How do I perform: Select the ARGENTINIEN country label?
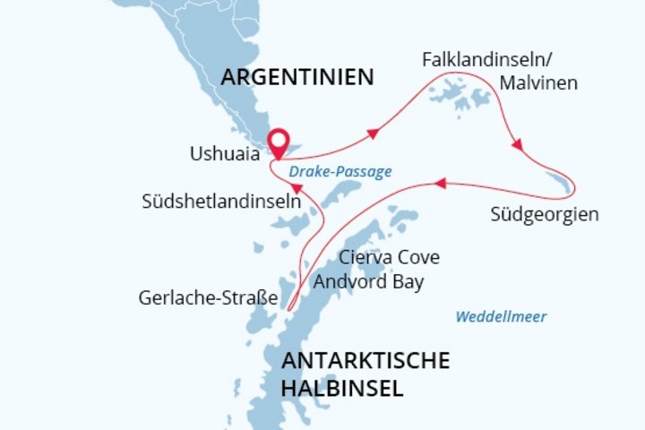pos(297,77)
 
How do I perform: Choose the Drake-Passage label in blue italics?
pos(340,171)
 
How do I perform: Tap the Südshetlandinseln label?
pos(220,201)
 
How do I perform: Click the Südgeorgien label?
pos(545,215)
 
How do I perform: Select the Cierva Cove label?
pos(389,258)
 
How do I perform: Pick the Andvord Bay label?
pos(368,281)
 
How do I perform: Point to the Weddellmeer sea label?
pos(501,316)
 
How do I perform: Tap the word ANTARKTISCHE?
pos(365,361)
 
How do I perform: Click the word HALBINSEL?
pos(341,389)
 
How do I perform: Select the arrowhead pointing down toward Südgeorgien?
pos(517,144)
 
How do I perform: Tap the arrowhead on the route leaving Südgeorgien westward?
pos(438,183)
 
